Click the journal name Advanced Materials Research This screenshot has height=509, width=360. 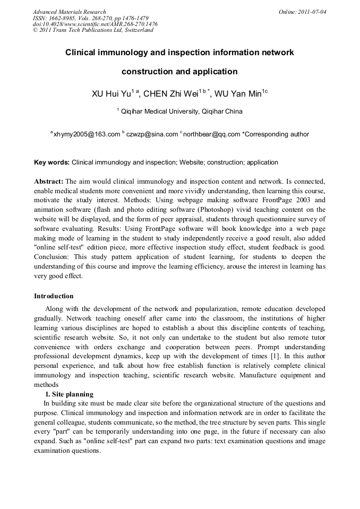tap(69, 12)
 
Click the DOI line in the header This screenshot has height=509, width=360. tap(95, 24)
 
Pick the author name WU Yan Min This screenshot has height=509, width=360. tap(238, 94)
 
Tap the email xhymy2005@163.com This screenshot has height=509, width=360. tap(87, 134)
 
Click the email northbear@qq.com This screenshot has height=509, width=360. tap(211, 134)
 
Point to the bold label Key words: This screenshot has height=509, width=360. tap(52, 162)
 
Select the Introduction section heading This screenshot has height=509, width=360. tap(54, 296)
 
